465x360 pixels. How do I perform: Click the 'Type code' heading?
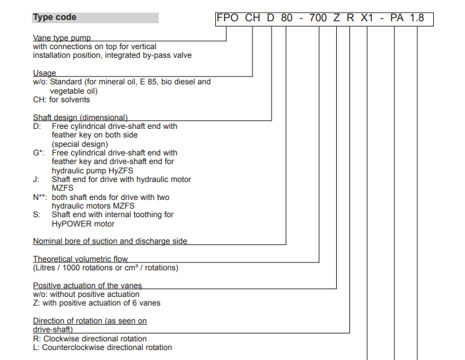pos(54,17)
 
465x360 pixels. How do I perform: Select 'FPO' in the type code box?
pos(228,18)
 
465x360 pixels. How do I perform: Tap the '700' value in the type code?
pos(318,18)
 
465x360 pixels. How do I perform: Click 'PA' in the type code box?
pos(397,18)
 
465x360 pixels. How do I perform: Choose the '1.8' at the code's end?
pos(417,18)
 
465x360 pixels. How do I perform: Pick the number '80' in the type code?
pos(286,18)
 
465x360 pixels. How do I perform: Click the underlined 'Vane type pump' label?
pos(62,39)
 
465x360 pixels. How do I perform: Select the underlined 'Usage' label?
pos(45,73)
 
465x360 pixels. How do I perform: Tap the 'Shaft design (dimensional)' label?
pos(80,117)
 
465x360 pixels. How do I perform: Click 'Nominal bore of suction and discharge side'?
pos(110,241)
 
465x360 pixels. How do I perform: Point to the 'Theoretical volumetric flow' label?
pos(80,259)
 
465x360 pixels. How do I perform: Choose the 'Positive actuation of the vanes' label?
pos(88,286)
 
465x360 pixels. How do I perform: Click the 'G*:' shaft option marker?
pos(39,153)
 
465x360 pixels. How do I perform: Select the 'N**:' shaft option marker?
pos(41,197)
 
